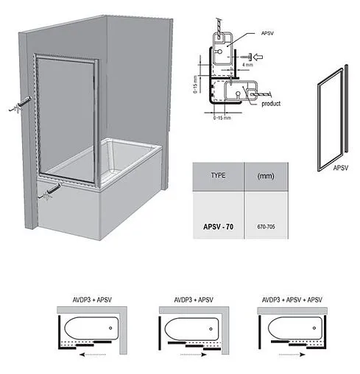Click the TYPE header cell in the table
218,176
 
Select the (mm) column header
266,176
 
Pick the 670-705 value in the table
266,227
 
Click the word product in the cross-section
271,104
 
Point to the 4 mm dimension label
247,65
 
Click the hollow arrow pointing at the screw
258,57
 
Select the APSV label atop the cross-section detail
267,33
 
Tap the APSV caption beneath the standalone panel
341,168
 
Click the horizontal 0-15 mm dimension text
222,118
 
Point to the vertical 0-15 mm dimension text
195,84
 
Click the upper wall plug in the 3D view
21,105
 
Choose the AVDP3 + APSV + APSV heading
292,300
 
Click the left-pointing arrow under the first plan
93,354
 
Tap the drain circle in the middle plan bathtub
211,329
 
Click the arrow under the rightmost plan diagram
292,354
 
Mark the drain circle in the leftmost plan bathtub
110,328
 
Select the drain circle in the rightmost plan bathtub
314,328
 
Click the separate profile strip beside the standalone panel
346,108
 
